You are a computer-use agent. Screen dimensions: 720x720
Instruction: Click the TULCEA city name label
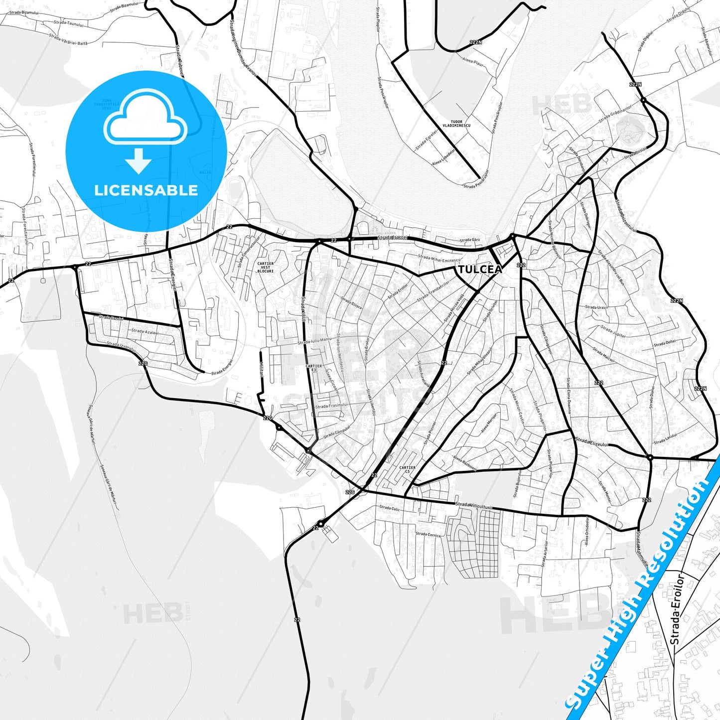(479, 270)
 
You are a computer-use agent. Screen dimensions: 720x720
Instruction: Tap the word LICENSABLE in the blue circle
(146, 190)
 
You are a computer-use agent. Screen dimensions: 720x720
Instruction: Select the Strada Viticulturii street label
(474, 506)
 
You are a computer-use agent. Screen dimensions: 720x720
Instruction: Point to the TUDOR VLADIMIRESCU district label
(456, 124)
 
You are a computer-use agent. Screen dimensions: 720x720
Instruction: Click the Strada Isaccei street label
(393, 238)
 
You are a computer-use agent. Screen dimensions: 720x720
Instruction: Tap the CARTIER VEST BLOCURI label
(266, 268)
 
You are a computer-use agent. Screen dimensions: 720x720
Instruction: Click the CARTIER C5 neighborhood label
(407, 469)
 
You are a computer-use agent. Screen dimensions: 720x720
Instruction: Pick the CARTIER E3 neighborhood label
(313, 368)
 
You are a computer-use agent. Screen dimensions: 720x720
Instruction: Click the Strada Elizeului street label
(592, 441)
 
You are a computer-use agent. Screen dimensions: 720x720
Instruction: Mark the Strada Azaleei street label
(145, 331)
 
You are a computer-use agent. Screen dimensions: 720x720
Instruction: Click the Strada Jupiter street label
(613, 332)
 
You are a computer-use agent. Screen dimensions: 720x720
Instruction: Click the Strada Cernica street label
(428, 534)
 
